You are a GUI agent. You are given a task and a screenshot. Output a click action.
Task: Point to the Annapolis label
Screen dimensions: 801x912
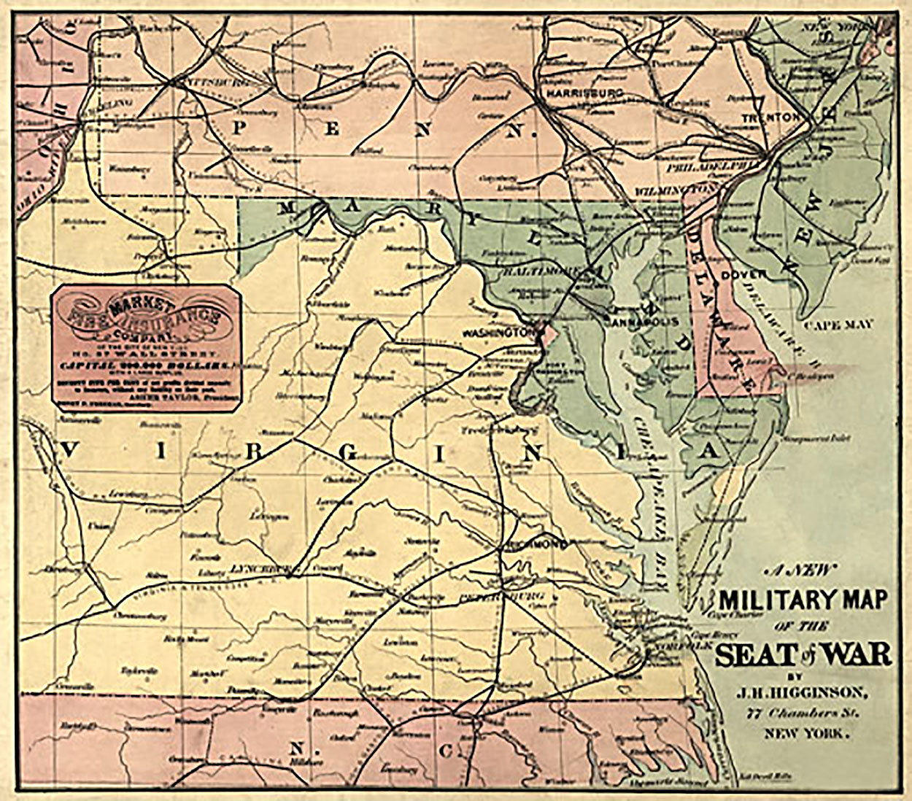tap(645, 322)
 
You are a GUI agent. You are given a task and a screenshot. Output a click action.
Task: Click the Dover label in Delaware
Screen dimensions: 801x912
tap(743, 275)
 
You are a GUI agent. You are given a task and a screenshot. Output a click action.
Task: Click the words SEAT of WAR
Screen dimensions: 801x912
tap(803, 654)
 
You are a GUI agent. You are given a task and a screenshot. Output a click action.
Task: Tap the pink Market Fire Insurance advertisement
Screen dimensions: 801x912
tap(146, 342)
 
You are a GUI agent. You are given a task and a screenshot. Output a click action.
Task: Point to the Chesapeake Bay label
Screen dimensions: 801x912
tap(644, 467)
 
